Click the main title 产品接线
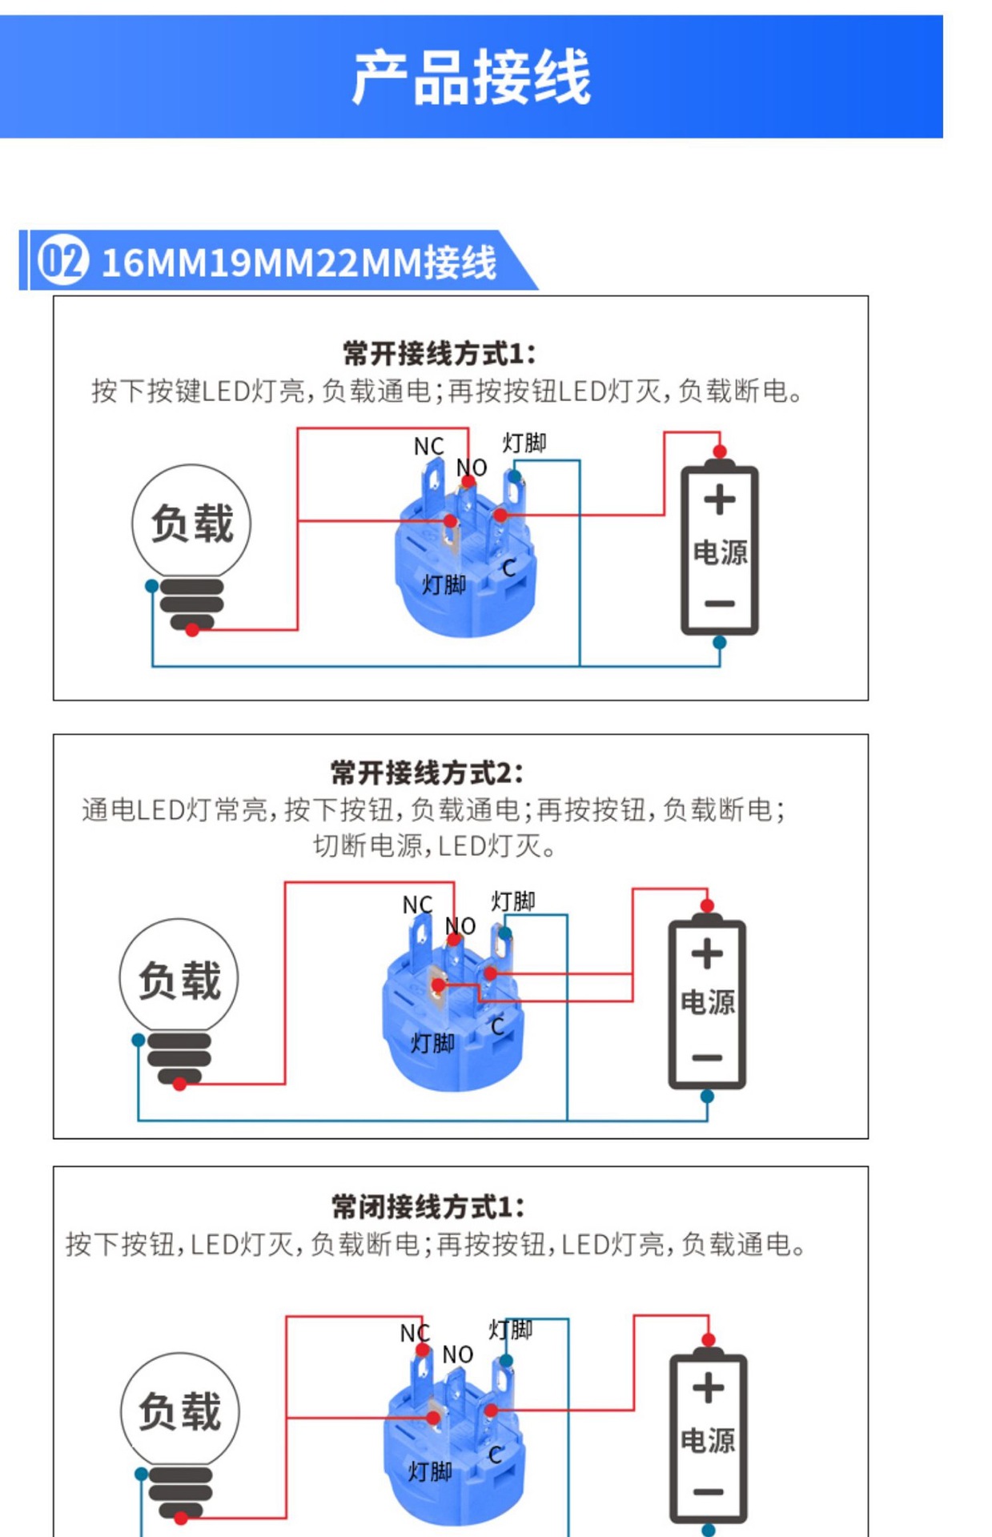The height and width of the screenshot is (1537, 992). click(x=471, y=78)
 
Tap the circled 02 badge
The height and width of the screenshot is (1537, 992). click(x=62, y=260)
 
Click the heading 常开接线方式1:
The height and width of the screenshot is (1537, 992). click(x=439, y=353)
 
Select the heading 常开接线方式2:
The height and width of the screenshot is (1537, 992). click(x=427, y=773)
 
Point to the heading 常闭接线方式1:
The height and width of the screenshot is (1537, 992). click(x=428, y=1206)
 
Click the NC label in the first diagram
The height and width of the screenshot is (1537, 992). click(x=428, y=447)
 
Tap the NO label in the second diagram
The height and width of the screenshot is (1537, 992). click(x=460, y=926)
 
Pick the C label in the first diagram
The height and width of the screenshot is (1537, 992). click(x=508, y=568)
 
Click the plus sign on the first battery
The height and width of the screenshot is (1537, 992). click(x=719, y=500)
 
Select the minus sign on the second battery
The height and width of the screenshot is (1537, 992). click(x=707, y=1057)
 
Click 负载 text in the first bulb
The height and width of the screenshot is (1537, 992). click(x=192, y=524)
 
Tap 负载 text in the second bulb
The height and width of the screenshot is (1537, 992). click(x=179, y=980)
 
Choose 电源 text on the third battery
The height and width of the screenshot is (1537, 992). click(x=708, y=1440)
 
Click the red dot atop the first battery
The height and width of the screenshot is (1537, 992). click(x=719, y=451)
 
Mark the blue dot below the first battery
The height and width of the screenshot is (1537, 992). click(x=719, y=642)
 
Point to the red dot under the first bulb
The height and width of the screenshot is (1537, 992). click(x=192, y=630)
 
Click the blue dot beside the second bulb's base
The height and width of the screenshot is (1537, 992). click(x=139, y=1040)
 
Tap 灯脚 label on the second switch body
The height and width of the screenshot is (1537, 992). click(x=432, y=1043)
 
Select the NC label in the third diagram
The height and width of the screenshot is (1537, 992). click(x=415, y=1333)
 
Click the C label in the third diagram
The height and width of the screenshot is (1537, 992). click(x=496, y=1455)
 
